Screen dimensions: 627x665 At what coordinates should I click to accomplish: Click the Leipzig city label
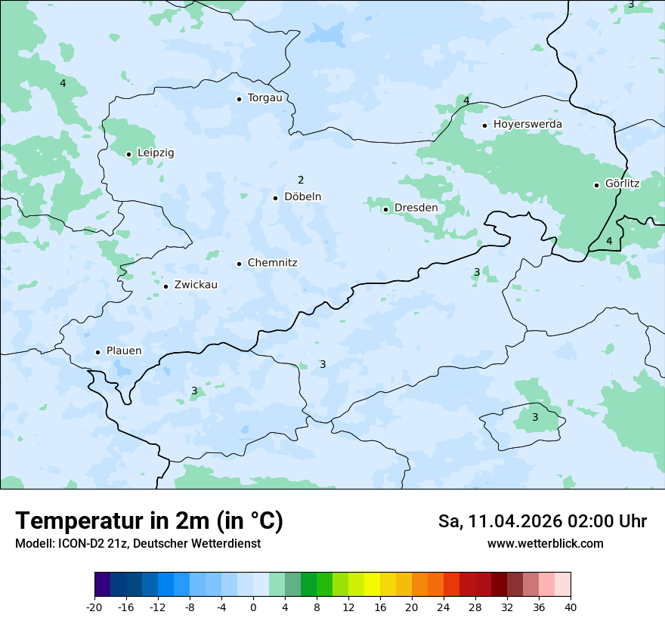click(x=156, y=153)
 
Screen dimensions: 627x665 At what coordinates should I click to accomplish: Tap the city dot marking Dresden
click(x=385, y=209)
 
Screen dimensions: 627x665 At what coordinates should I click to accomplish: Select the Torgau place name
click(x=264, y=98)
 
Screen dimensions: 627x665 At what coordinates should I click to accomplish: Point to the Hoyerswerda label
click(x=527, y=125)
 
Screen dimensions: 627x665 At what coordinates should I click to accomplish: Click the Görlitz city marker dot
click(x=596, y=185)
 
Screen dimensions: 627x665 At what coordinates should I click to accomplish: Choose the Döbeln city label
click(x=302, y=197)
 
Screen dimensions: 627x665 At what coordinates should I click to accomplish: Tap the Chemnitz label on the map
click(x=272, y=264)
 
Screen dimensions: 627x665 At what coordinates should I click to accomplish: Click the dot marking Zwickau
click(x=165, y=286)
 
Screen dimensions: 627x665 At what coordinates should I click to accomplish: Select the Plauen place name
click(x=123, y=351)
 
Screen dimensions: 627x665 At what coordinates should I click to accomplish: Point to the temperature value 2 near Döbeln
click(x=301, y=180)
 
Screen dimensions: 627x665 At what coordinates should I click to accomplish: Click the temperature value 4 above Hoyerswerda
click(x=466, y=100)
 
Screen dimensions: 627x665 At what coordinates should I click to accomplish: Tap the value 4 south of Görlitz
click(x=609, y=241)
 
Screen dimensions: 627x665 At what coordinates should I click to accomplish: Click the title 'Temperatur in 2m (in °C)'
click(x=150, y=521)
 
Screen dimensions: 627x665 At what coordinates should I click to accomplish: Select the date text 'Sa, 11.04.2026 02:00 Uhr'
click(x=542, y=522)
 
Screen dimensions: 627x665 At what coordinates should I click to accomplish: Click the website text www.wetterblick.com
click(x=545, y=544)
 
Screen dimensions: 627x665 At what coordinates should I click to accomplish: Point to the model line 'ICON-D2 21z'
click(x=138, y=544)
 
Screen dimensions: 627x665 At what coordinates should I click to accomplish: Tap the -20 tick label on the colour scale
click(x=94, y=607)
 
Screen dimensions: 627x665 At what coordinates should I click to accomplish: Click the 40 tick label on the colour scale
click(x=571, y=607)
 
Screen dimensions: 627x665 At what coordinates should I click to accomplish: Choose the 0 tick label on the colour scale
click(x=253, y=607)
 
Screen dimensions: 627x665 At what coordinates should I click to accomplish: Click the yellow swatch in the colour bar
click(x=372, y=585)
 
